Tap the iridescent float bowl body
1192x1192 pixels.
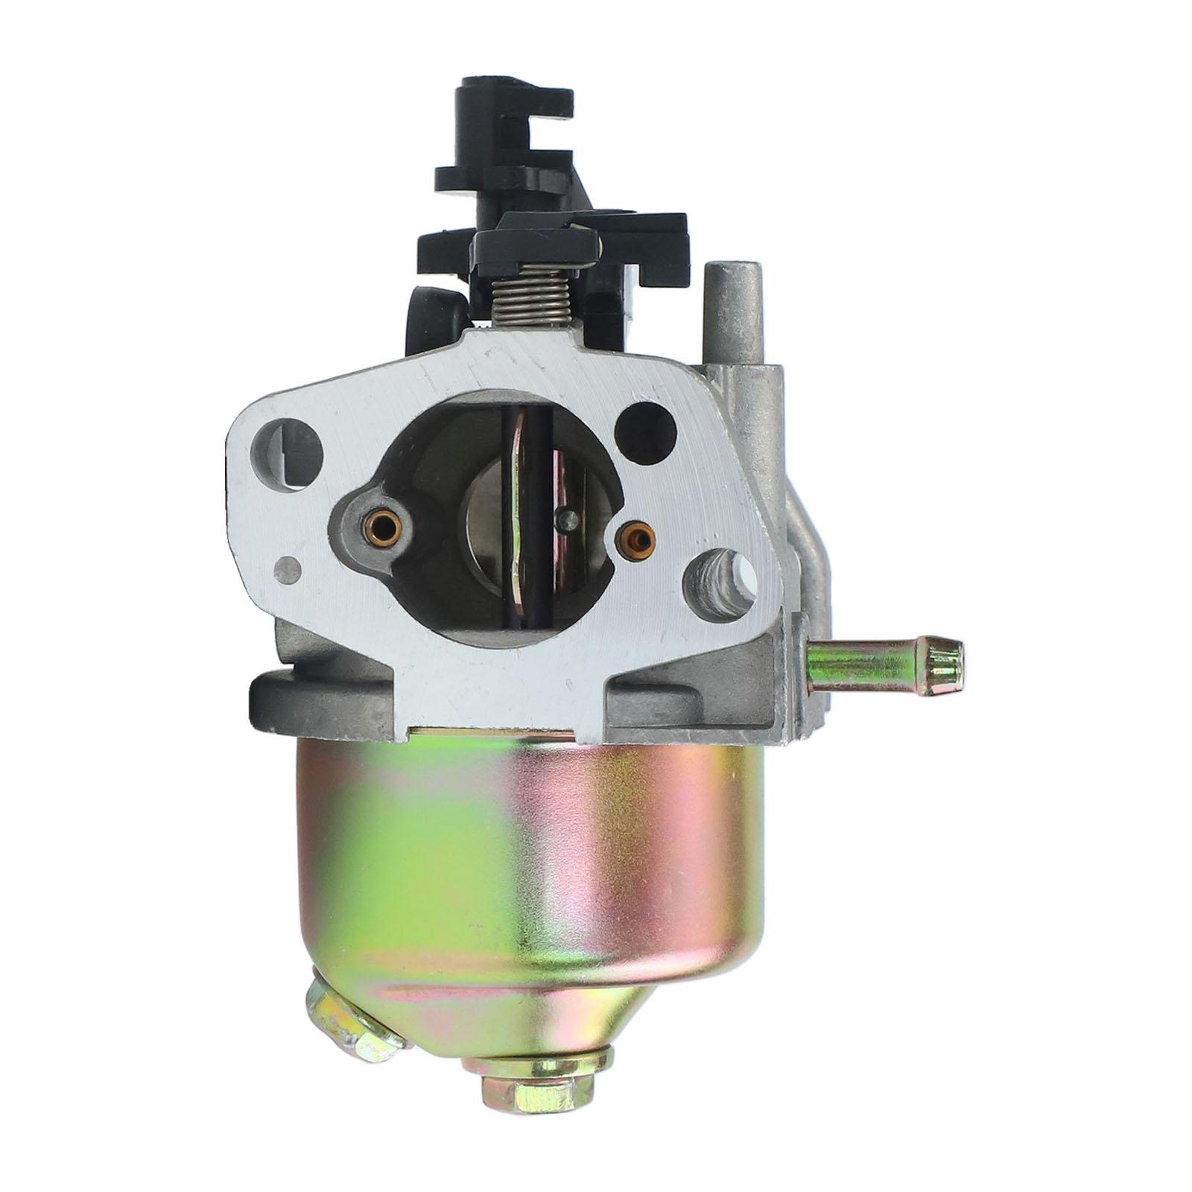(521, 857)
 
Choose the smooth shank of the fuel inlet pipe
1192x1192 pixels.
(864, 659)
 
